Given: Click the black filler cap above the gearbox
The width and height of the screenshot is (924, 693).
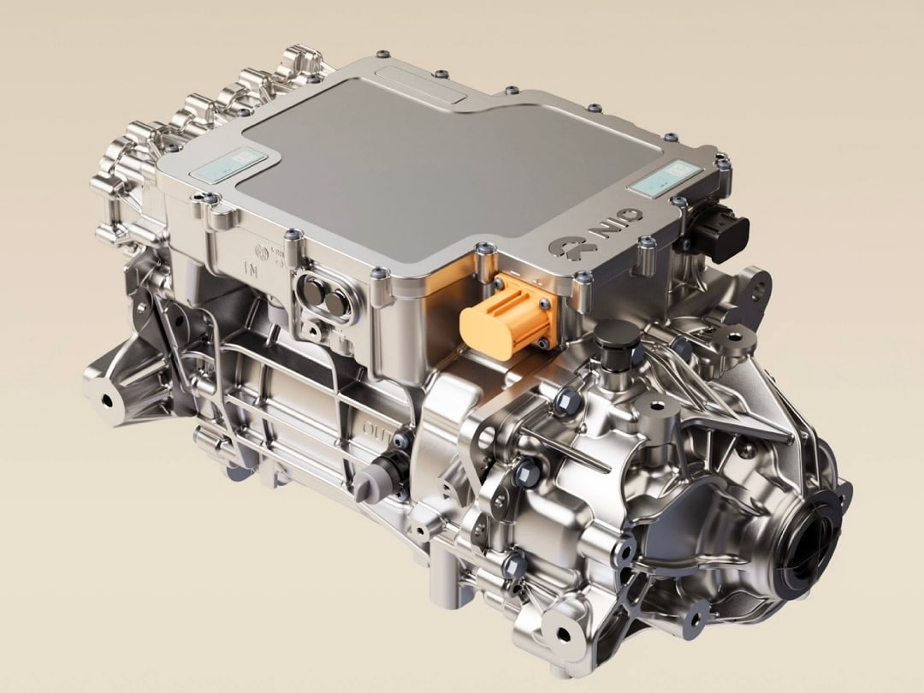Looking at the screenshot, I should tap(618, 342).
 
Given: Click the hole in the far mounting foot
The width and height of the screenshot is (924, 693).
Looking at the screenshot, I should tap(109, 399).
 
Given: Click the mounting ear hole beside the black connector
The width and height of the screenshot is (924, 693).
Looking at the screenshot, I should tap(757, 287).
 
